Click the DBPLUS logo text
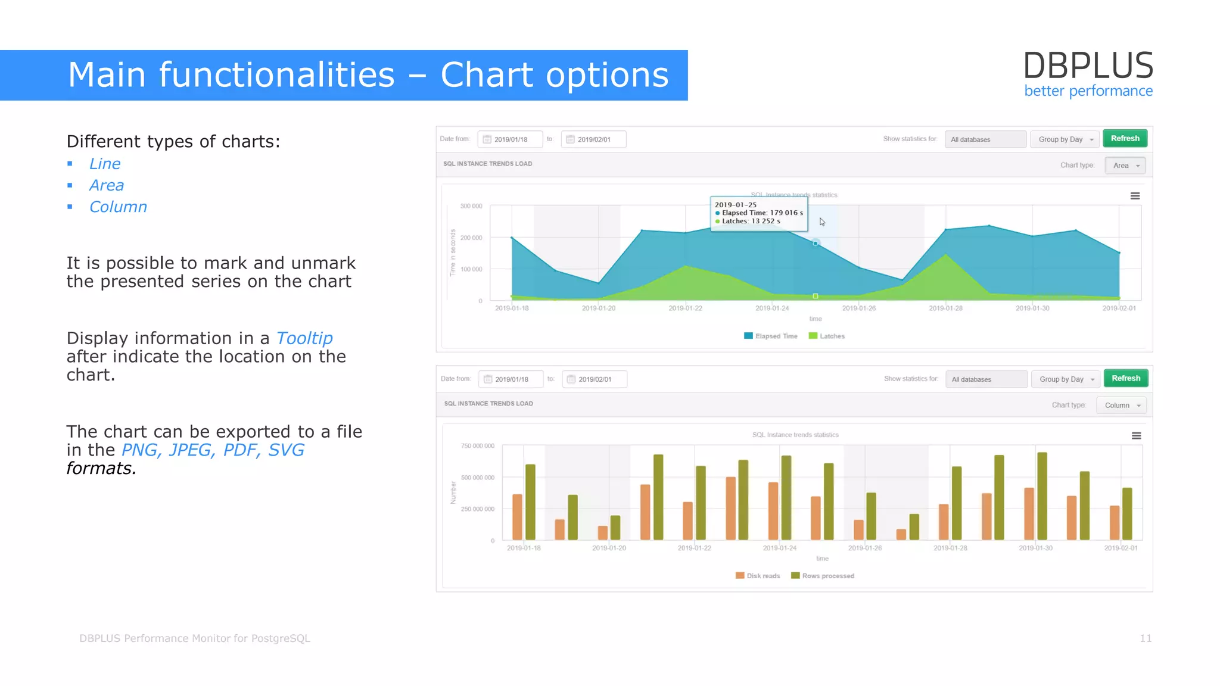pos(1088,66)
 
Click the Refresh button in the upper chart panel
pos(1125,139)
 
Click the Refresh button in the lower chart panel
pos(1125,379)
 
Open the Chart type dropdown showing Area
pos(1125,166)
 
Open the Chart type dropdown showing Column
pos(1121,406)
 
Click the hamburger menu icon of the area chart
pos(1135,196)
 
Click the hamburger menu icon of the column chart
pos(1136,436)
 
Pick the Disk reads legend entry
pos(758,576)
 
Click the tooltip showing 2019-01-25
pos(759,213)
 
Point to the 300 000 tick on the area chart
pos(471,206)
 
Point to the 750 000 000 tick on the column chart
pos(477,446)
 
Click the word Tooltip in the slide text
pos(304,338)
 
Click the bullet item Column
pos(118,207)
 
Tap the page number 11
pos(1145,638)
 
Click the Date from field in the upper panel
pos(511,139)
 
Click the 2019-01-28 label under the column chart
pos(950,548)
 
